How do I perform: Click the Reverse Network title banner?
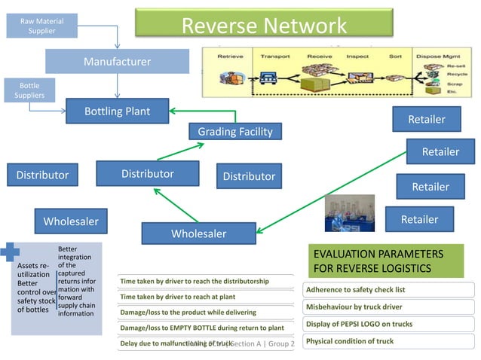(264, 25)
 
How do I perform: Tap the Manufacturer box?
(117, 62)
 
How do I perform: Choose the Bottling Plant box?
(117, 111)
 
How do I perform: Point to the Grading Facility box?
(234, 132)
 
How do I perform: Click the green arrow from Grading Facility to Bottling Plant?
(204, 111)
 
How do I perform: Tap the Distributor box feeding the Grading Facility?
(147, 173)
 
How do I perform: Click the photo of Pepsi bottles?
(349, 212)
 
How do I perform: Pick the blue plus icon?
(9, 253)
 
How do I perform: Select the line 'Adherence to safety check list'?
(355, 290)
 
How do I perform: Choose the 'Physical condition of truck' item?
(350, 341)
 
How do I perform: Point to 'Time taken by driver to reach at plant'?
(177, 297)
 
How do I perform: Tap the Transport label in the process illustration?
(274, 56)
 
